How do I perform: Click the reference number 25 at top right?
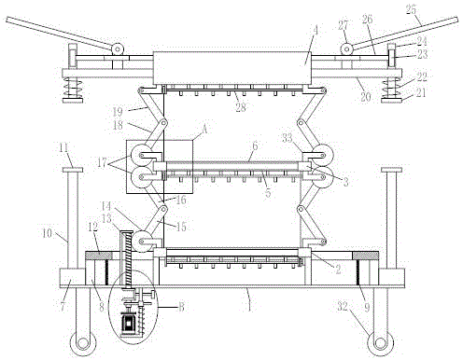pos(411,9)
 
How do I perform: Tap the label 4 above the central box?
pos(316,30)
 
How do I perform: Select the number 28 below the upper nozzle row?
pos(241,107)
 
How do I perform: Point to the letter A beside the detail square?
pos(204,129)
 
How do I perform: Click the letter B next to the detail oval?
pos(181,307)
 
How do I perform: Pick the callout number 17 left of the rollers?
pos(102,162)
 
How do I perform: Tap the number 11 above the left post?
pos(63,148)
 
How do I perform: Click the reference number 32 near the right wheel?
pos(343,307)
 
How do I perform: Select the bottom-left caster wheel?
pos(83,343)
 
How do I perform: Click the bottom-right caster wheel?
pos(380,343)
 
